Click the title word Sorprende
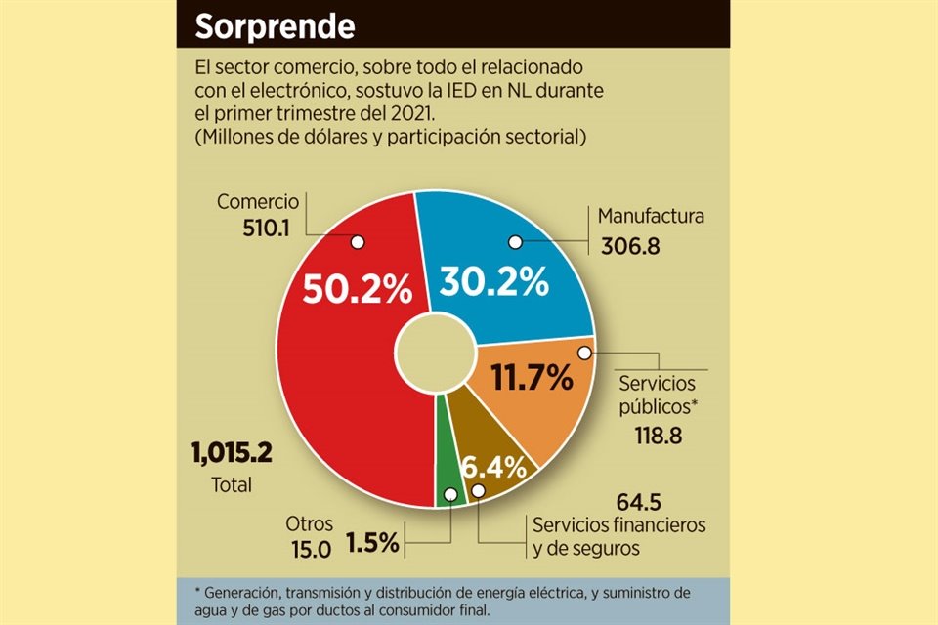[275, 26]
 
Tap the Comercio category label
[257, 202]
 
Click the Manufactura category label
[651, 216]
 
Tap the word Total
[232, 484]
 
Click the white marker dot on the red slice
[357, 241]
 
